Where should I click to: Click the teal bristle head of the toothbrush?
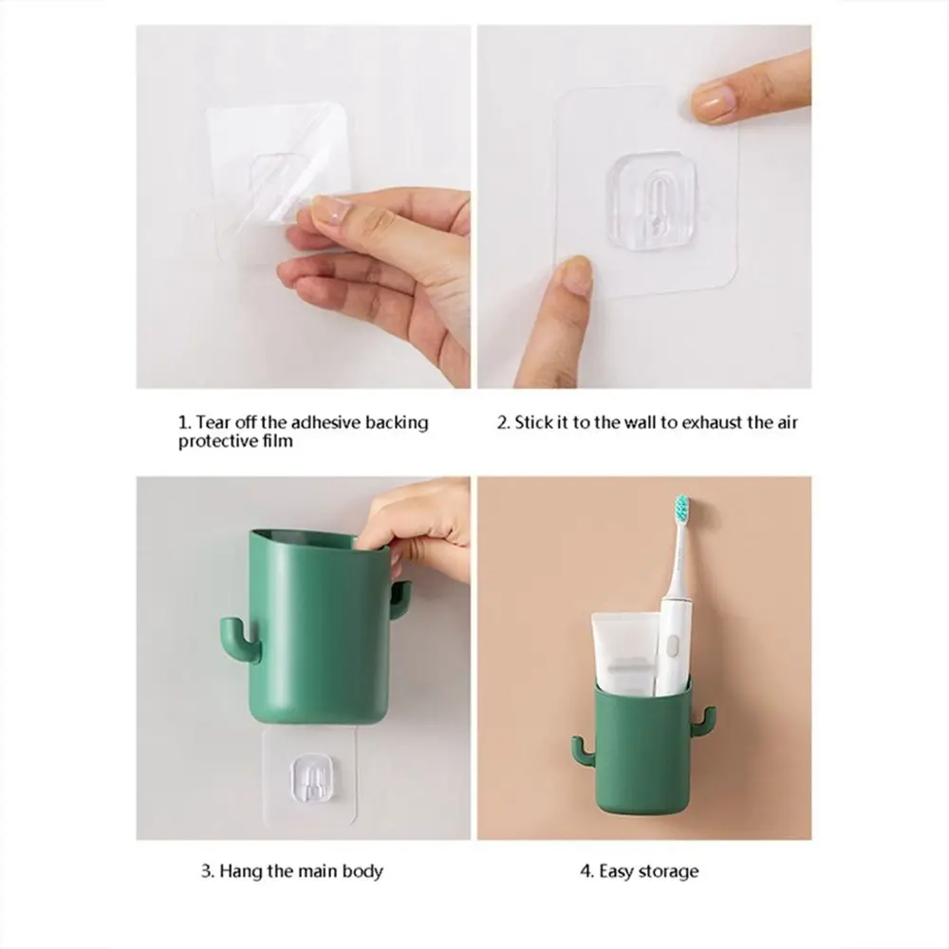pos(683,509)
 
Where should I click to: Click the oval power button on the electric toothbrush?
pos(669,649)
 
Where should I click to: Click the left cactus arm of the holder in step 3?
pos(238,638)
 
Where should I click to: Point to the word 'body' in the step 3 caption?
pos(363,871)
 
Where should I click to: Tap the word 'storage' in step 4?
pos(667,871)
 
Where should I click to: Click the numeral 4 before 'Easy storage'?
pos(586,871)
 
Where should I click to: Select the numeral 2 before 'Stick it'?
pos(502,422)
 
